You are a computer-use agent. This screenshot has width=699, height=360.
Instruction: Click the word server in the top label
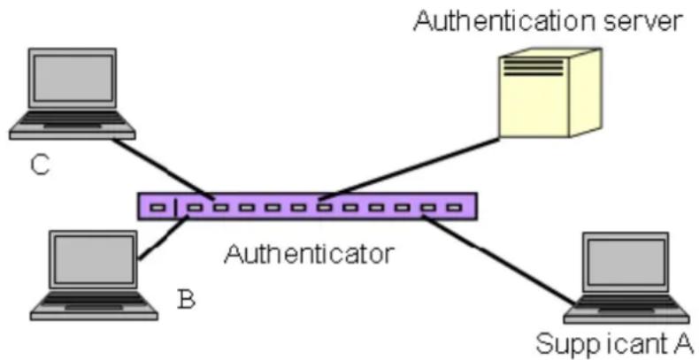(x=638, y=23)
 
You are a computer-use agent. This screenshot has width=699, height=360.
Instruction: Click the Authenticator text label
(x=310, y=254)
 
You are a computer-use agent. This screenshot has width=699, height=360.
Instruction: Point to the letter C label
(x=40, y=165)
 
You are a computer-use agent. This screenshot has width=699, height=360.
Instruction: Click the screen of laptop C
(x=73, y=79)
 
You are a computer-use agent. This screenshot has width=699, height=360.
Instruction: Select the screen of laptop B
(x=94, y=259)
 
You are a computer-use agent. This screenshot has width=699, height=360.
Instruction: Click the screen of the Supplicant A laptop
(x=626, y=262)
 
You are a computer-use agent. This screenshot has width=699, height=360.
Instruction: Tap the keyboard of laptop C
(x=73, y=119)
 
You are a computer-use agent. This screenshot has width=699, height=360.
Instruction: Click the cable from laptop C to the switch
(x=163, y=169)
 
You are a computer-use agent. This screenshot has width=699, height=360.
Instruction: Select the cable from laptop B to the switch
(x=164, y=237)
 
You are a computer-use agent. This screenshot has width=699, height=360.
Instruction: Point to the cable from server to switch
(x=410, y=168)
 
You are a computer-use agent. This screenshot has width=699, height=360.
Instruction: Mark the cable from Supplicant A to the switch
(x=498, y=260)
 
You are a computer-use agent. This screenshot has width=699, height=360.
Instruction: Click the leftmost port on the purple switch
(x=157, y=208)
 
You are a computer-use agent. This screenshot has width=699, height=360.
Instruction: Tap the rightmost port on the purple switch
(x=453, y=207)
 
